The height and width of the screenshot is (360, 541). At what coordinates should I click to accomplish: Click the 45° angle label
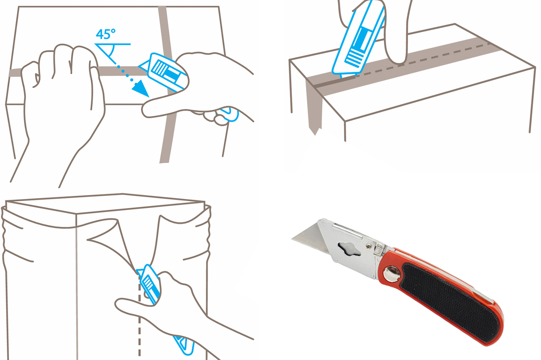pyautogui.click(x=106, y=34)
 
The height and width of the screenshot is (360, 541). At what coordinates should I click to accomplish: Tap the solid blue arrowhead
pyautogui.click(x=141, y=89)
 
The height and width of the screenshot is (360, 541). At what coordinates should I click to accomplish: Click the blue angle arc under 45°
pyautogui.click(x=112, y=51)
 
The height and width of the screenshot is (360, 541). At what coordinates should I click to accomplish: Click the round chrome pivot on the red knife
pyautogui.click(x=391, y=273)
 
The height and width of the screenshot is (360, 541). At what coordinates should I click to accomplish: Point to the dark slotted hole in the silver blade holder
pyautogui.click(x=349, y=249)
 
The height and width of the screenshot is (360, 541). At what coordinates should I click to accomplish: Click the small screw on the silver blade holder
pyautogui.click(x=369, y=246)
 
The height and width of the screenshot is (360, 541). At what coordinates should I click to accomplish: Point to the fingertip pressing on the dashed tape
pyautogui.click(x=398, y=56)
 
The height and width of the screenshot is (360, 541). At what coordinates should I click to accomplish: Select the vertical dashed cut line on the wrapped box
pyautogui.click(x=140, y=316)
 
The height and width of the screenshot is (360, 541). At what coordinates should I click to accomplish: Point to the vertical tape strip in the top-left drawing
pyautogui.click(x=167, y=85)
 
